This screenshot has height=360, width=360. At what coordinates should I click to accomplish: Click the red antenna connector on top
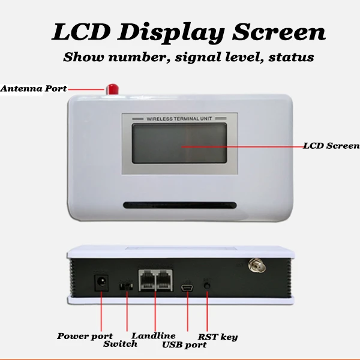(111, 88)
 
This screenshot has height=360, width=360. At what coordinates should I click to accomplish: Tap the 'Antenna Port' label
(33, 88)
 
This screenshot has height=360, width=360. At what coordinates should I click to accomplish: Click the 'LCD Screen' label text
(331, 145)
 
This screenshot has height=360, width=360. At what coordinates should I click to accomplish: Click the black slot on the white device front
(180, 205)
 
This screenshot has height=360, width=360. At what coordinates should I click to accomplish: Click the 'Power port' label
(85, 336)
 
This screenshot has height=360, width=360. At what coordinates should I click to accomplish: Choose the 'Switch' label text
(120, 344)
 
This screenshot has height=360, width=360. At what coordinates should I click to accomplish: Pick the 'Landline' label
(154, 336)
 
